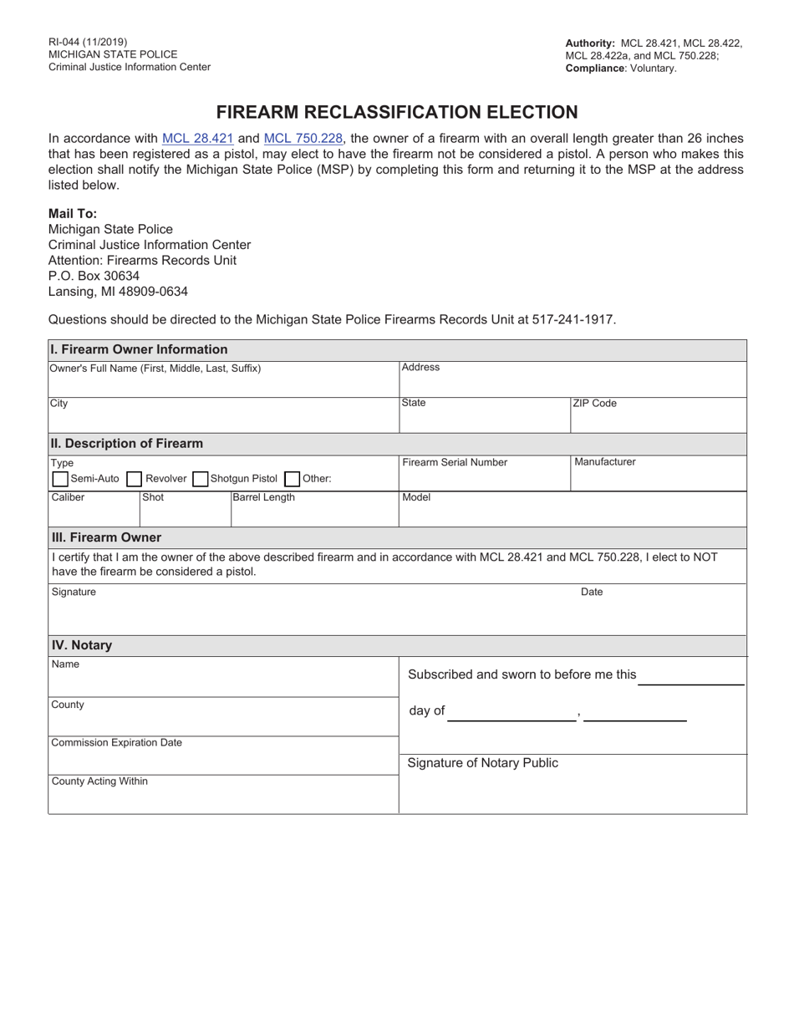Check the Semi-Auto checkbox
tap(60, 479)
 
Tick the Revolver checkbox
tap(134, 479)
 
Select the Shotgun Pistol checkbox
tap(200, 479)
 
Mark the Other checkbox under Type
tap(292, 479)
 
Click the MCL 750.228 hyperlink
tap(303, 139)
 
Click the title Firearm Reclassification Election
tap(397, 112)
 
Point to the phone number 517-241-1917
tap(573, 319)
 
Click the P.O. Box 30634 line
tap(94, 276)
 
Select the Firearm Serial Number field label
tap(455, 462)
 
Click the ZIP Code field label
tap(594, 403)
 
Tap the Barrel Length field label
tap(263, 497)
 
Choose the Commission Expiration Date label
tap(116, 742)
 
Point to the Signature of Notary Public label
tap(482, 763)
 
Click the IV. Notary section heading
tap(82, 645)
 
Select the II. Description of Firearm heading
tap(126, 443)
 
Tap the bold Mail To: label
tap(73, 213)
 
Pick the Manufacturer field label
tap(604, 461)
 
